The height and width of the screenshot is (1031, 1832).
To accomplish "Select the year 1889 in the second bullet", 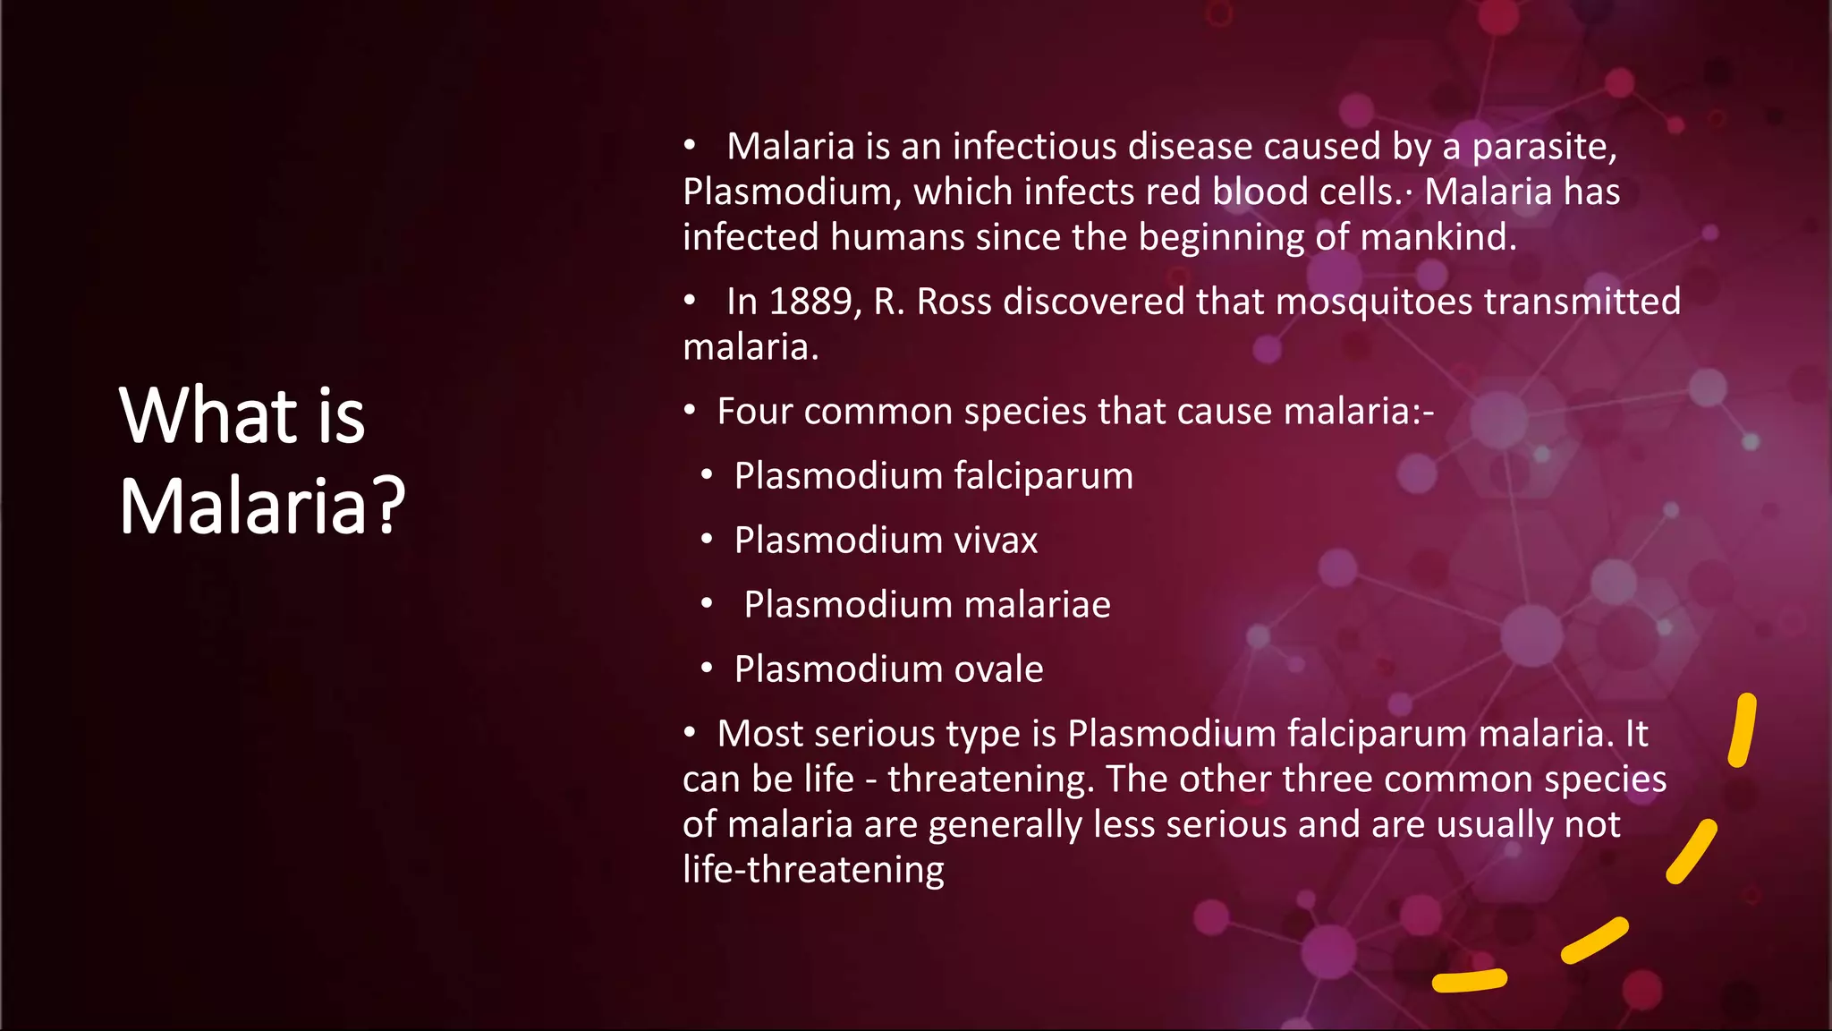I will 810,302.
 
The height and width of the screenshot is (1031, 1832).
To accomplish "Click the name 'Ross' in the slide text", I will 954,302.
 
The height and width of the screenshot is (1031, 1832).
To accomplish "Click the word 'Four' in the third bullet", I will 754,412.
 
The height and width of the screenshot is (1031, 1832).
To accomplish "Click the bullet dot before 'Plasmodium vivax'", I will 707,540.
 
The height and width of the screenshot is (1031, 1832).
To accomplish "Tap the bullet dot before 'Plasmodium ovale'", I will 707,669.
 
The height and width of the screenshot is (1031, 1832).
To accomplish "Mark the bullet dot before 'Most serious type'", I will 690,733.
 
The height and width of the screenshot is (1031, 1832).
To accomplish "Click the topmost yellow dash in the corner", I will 1742,730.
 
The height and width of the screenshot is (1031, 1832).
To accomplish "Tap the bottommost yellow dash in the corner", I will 1469,981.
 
